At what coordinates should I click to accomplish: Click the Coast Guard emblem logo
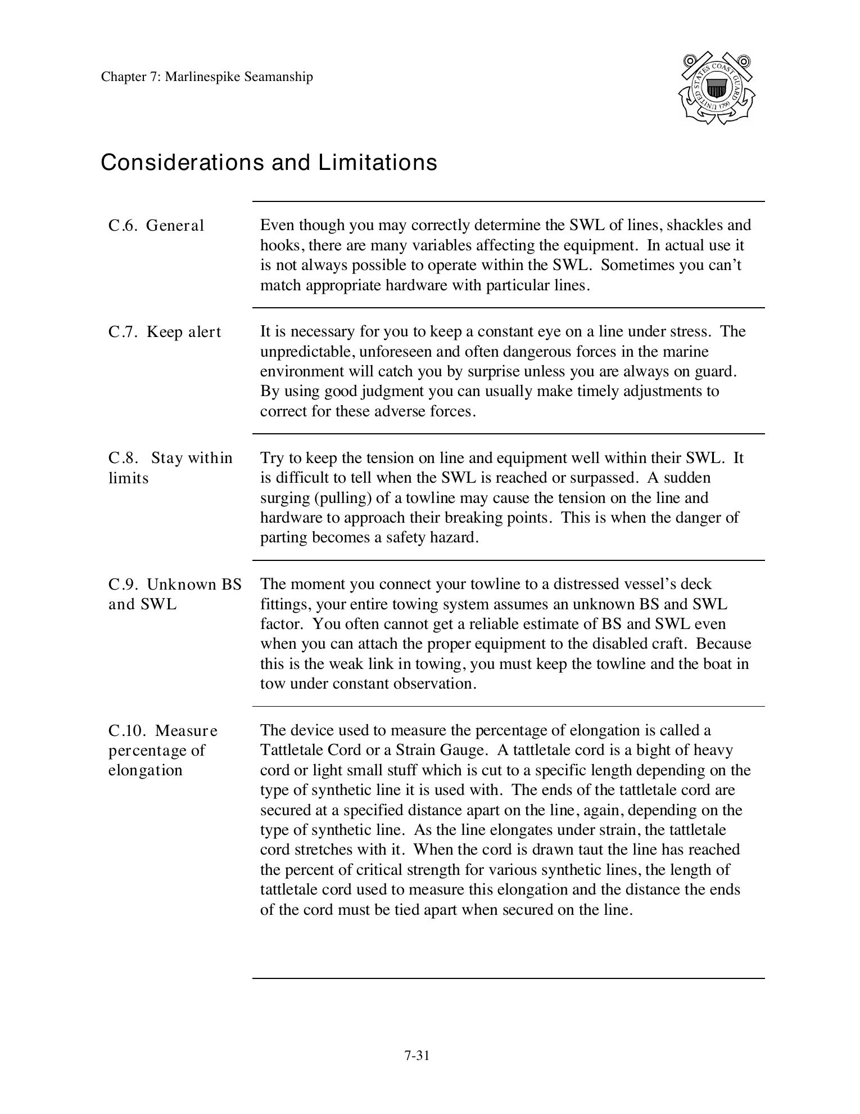716,88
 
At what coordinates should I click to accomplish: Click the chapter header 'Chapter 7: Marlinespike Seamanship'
207,77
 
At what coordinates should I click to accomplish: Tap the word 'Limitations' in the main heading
378,163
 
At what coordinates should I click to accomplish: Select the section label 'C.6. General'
156,226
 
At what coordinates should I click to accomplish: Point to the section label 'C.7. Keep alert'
165,332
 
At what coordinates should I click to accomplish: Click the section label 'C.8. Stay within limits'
170,468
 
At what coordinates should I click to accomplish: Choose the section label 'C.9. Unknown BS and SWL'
175,594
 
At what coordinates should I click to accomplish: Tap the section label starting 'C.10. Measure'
163,750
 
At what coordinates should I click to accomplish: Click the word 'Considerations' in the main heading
183,163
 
